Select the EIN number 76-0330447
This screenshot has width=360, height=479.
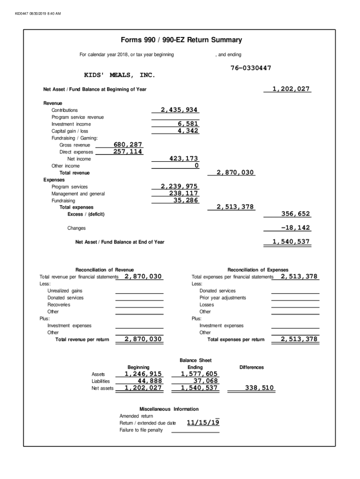pyautogui.click(x=251, y=68)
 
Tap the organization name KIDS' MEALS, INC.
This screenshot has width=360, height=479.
pyautogui.click(x=119, y=75)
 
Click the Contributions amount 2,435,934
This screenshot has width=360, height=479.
pyautogui.click(x=179, y=110)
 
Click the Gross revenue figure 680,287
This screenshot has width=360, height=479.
pyautogui.click(x=128, y=145)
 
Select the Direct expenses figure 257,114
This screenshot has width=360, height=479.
pyautogui.click(x=128, y=152)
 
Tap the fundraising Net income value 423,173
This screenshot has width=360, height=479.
pyautogui.click(x=184, y=159)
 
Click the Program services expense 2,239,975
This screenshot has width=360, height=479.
pyautogui.click(x=179, y=187)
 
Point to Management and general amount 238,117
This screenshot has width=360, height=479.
pyautogui.click(x=184, y=194)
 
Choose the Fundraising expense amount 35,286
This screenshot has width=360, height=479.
pyautogui.click(x=186, y=201)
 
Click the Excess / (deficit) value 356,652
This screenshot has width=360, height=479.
pyautogui.click(x=295, y=214)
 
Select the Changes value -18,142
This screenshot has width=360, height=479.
pyautogui.click(x=295, y=228)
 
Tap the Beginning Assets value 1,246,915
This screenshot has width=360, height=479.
pyautogui.click(x=143, y=374)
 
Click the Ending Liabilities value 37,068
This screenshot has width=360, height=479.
pyautogui.click(x=206, y=381)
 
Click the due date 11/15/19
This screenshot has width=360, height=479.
pyautogui.click(x=203, y=423)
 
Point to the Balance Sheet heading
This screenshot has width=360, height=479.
pyautogui.click(x=195, y=360)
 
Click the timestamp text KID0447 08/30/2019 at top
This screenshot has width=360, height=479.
pyautogui.click(x=38, y=13)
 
